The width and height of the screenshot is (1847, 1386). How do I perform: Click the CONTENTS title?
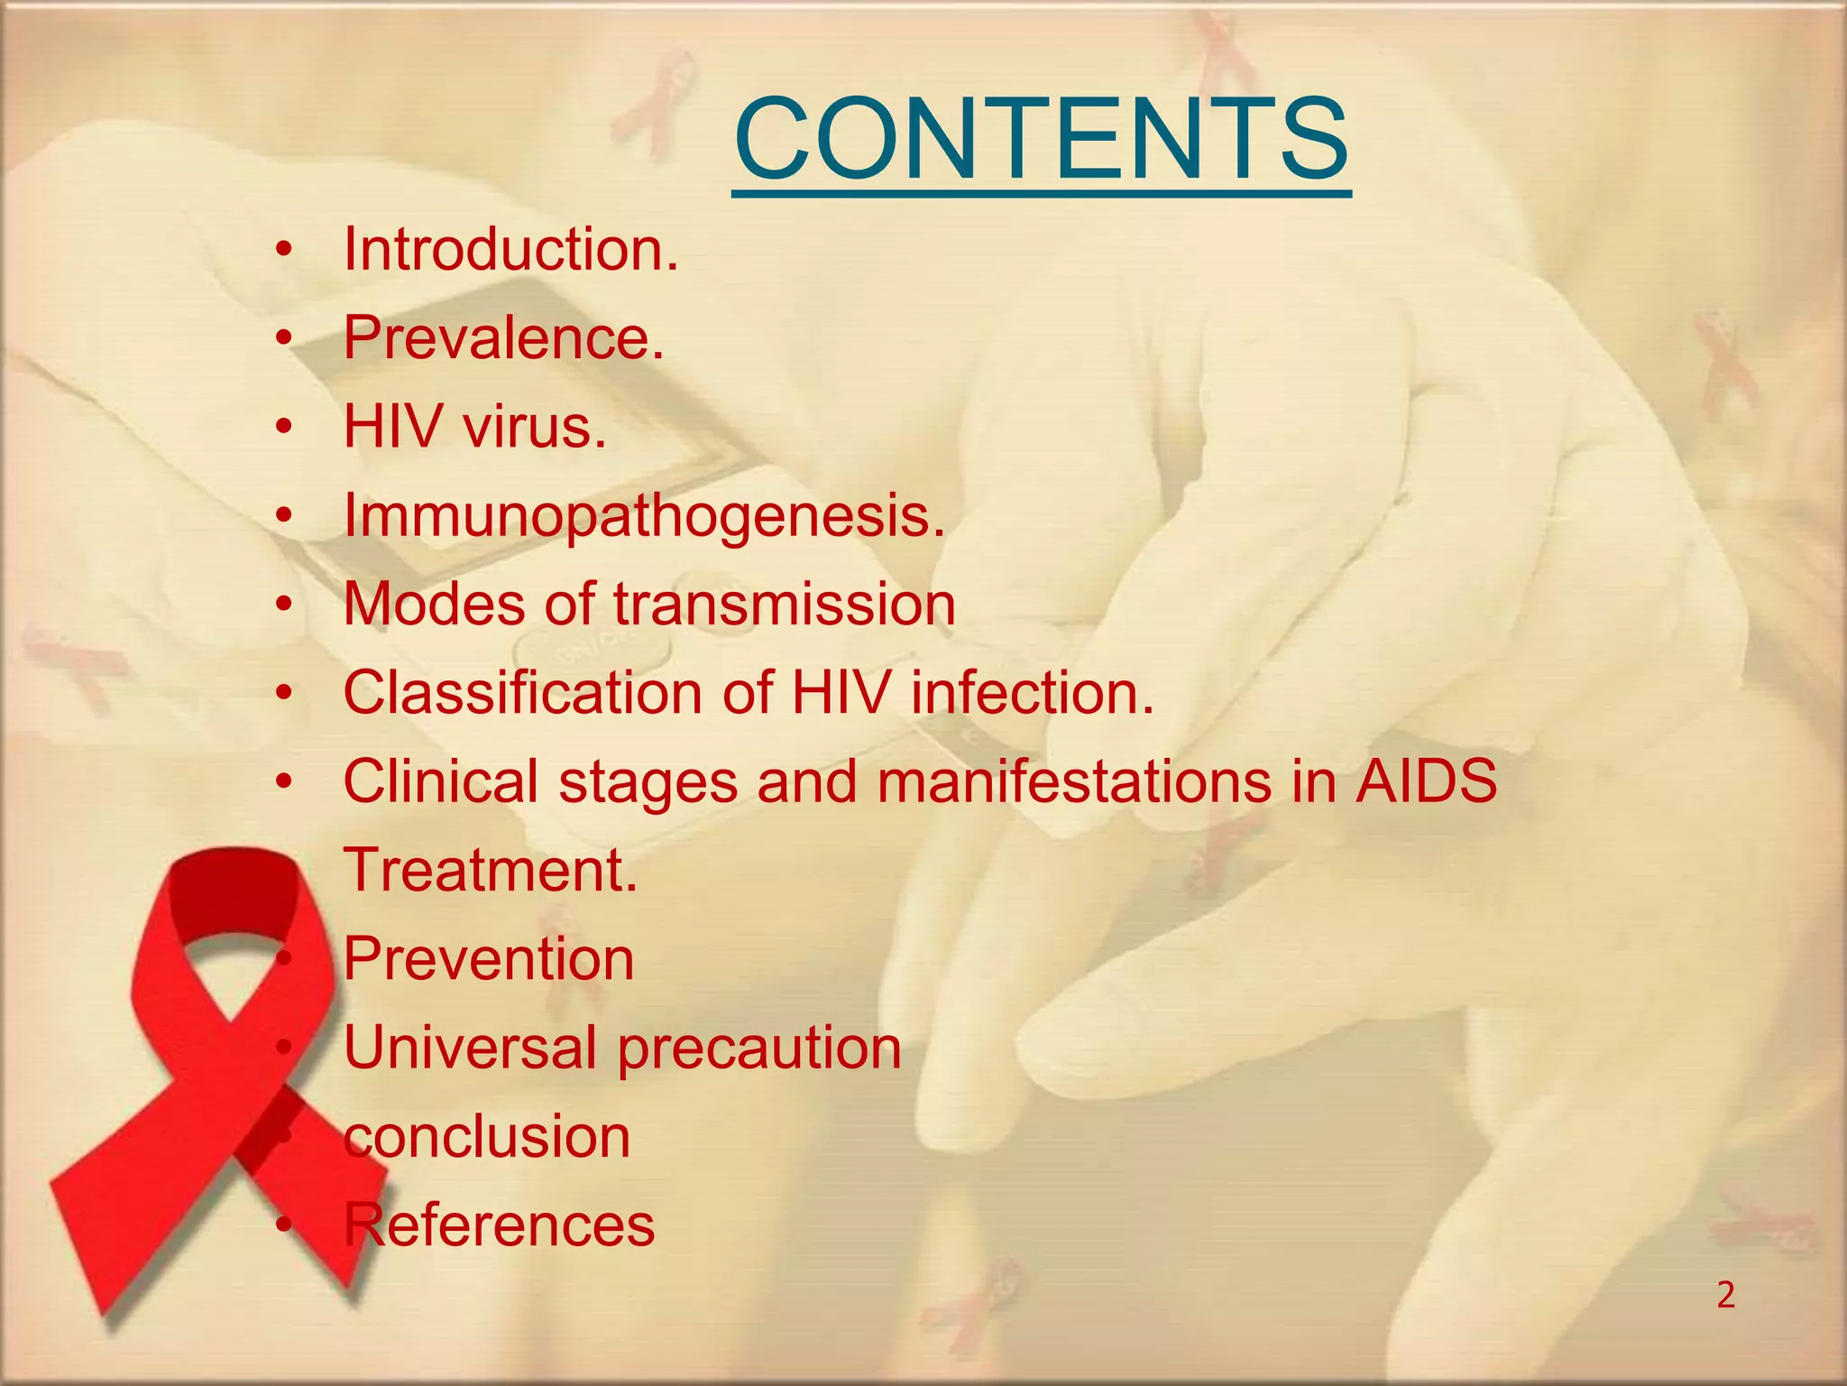(x=1042, y=141)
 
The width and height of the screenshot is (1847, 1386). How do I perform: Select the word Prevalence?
(x=502, y=338)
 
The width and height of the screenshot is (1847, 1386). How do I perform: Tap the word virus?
(x=534, y=427)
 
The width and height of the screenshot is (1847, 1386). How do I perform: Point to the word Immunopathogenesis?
(x=644, y=515)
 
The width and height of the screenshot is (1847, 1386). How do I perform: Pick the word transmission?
(x=785, y=604)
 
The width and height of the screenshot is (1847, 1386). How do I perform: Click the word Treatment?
(x=490, y=870)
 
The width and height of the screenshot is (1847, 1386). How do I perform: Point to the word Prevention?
(x=489, y=958)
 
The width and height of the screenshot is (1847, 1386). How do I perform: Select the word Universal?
(x=470, y=1047)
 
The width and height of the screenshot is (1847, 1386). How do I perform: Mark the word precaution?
(x=758, y=1049)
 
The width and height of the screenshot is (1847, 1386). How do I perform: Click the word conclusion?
(x=487, y=1136)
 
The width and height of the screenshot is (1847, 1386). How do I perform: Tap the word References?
(x=499, y=1224)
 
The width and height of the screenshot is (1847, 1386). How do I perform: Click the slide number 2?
(x=1725, y=1296)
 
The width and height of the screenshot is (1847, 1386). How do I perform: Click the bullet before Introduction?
(x=284, y=251)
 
